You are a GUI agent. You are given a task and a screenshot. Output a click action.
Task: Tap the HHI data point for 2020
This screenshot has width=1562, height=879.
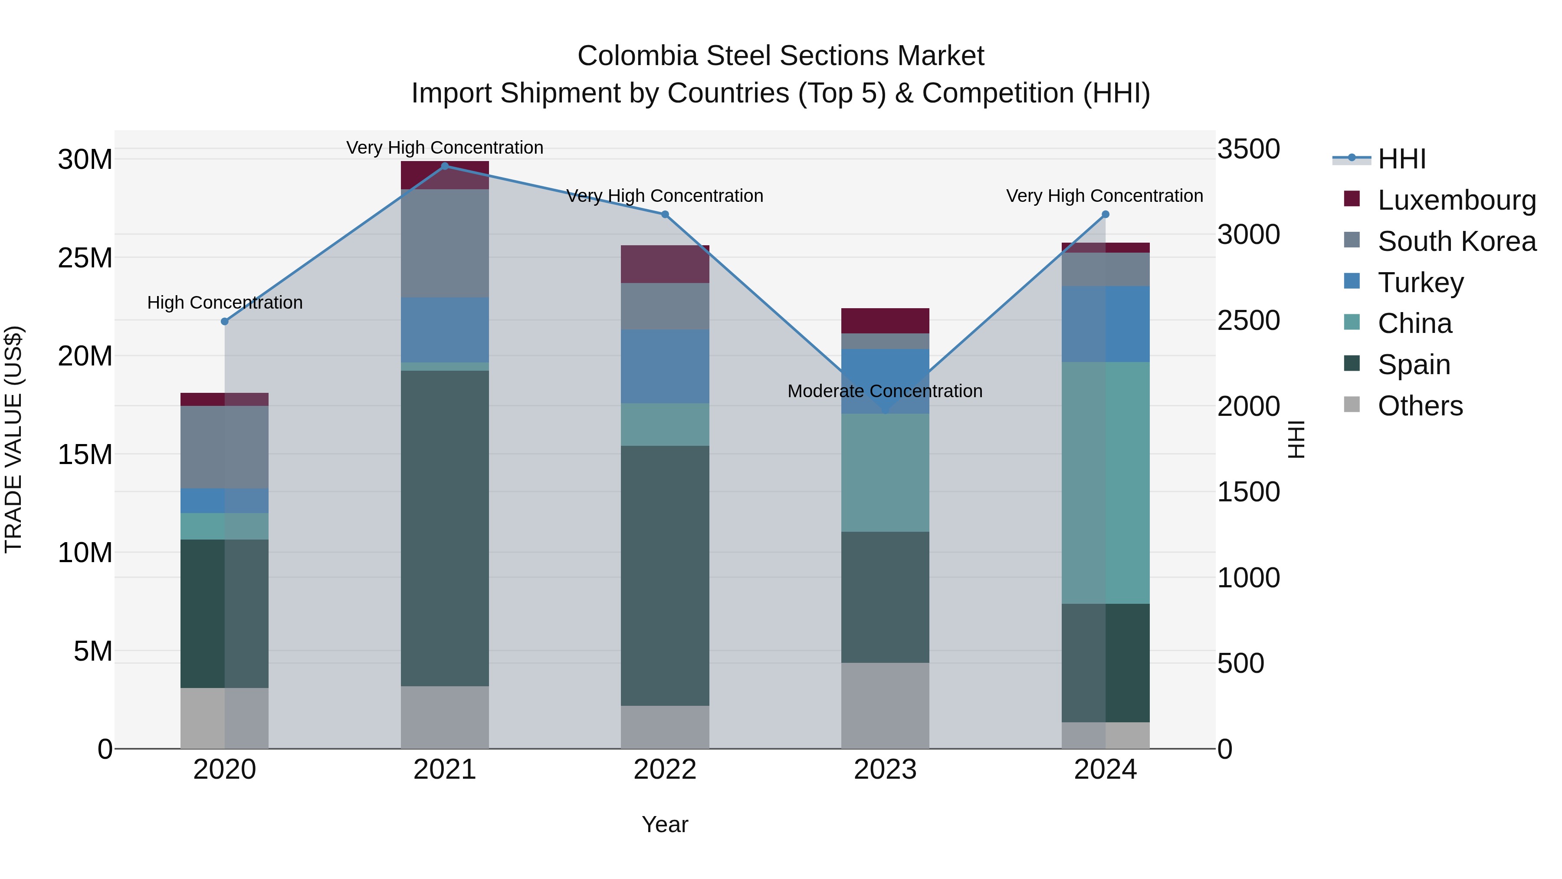(x=224, y=322)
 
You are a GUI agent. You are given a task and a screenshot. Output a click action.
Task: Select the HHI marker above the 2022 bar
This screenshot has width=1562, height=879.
(x=665, y=214)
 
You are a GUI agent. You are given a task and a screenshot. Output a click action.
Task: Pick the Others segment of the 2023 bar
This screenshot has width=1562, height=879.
(x=885, y=705)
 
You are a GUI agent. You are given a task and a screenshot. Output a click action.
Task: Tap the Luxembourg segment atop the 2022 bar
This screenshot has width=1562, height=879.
(x=665, y=264)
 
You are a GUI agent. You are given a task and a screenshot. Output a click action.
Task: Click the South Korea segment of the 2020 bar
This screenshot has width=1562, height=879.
(x=224, y=447)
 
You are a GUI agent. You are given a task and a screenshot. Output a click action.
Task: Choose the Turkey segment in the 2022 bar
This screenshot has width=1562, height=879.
(x=665, y=366)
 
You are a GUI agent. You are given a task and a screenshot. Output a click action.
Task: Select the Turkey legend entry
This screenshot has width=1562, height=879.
(x=1420, y=282)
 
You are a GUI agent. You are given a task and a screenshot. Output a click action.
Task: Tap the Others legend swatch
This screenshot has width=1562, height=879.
(x=1352, y=405)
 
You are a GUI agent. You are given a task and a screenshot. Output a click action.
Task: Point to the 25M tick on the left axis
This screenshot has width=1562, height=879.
(x=85, y=258)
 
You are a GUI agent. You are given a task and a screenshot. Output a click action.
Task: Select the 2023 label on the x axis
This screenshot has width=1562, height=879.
(x=885, y=770)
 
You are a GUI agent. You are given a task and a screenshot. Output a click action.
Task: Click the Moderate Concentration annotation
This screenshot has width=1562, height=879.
(x=885, y=391)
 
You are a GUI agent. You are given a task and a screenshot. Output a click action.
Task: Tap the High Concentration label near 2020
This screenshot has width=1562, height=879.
(x=224, y=302)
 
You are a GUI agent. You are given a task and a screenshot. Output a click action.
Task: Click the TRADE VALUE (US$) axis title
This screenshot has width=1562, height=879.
(x=13, y=439)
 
